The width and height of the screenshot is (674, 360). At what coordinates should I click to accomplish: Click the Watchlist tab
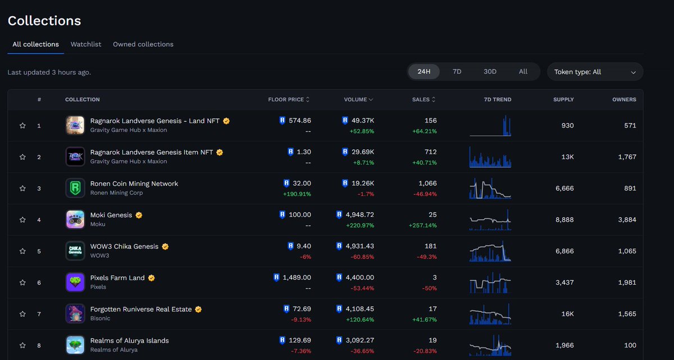click(x=86, y=44)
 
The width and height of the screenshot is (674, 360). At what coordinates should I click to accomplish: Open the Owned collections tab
click(x=143, y=44)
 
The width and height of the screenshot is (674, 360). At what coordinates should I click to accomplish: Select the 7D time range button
click(x=457, y=72)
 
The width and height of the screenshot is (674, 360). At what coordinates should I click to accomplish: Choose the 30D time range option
click(x=490, y=72)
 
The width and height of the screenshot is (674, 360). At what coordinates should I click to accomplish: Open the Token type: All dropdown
click(x=595, y=72)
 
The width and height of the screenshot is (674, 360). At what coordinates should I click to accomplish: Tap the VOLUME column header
click(x=358, y=99)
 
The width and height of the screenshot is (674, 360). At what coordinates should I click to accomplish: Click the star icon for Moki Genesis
click(x=22, y=220)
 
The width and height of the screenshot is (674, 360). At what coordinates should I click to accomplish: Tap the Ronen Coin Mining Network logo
click(x=75, y=188)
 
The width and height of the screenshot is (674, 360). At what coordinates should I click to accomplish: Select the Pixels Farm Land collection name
click(x=117, y=278)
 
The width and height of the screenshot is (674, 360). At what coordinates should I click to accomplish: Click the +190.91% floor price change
click(x=297, y=194)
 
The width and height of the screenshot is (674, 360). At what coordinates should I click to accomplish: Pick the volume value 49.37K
click(x=362, y=121)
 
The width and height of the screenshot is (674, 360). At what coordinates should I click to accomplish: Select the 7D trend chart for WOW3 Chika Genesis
click(x=490, y=251)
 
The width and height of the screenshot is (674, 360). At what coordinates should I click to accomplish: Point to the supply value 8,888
click(x=564, y=220)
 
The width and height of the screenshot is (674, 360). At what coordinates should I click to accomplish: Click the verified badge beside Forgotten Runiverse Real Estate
click(x=198, y=309)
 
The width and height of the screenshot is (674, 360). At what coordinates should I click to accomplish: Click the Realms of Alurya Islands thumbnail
click(x=75, y=345)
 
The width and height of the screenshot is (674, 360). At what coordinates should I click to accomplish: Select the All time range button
click(x=523, y=72)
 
